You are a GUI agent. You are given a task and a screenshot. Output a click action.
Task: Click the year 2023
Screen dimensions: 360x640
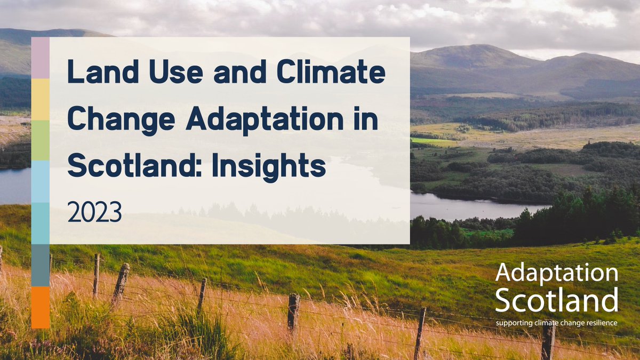pyautogui.click(x=95, y=212)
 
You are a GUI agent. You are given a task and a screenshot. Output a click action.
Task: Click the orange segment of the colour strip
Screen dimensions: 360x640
pyautogui.click(x=41, y=307)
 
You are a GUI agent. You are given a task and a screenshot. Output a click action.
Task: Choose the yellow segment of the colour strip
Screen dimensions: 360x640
pyautogui.click(x=41, y=99)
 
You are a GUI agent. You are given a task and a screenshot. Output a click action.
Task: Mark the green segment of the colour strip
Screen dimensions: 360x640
pyautogui.click(x=41, y=140)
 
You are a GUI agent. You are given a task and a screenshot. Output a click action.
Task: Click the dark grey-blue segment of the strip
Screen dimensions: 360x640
pyautogui.click(x=41, y=265)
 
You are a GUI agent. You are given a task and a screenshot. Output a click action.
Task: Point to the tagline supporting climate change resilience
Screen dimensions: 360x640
pyautogui.click(x=556, y=323)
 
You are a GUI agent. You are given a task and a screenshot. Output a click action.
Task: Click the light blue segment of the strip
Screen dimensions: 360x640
pyautogui.click(x=41, y=181)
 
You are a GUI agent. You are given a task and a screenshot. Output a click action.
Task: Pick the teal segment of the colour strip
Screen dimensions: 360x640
pyautogui.click(x=41, y=223)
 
